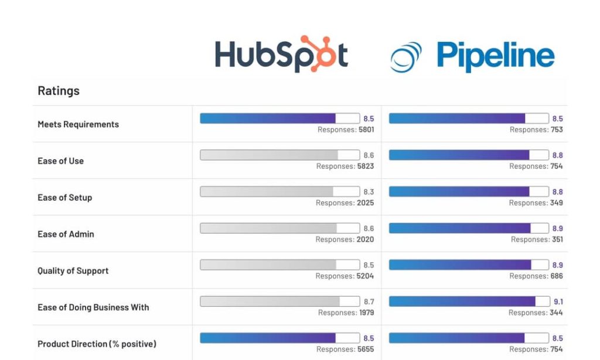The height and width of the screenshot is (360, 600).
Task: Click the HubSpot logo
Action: pos(281,55)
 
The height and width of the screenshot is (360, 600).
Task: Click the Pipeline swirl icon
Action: pos(406,57)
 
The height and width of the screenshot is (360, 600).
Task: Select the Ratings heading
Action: pos(59,91)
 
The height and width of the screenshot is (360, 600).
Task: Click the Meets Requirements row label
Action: pos(78,124)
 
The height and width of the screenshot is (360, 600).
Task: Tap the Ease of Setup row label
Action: pos(64,198)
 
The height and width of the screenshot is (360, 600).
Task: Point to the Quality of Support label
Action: pos(73,271)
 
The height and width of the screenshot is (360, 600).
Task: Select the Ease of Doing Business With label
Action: pos(93,307)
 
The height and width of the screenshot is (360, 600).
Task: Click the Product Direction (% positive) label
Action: pos(97,344)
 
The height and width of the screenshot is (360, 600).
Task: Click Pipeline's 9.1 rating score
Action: pos(558,302)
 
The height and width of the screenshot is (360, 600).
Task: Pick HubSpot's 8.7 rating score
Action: pos(369,302)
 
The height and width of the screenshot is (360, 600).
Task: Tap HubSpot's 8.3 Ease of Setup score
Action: pos(369,192)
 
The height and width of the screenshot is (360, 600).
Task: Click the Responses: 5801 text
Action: pos(346,130)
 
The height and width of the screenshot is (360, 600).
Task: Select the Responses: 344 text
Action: pos(536,313)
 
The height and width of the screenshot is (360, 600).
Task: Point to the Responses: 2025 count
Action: pos(345,203)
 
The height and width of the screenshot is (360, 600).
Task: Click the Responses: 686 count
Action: pos(536,276)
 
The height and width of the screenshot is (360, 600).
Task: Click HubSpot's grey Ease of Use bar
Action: pos(279,155)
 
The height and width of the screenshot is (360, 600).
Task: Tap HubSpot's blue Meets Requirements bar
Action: pos(279,118)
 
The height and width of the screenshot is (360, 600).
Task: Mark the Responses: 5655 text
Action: pos(345,349)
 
